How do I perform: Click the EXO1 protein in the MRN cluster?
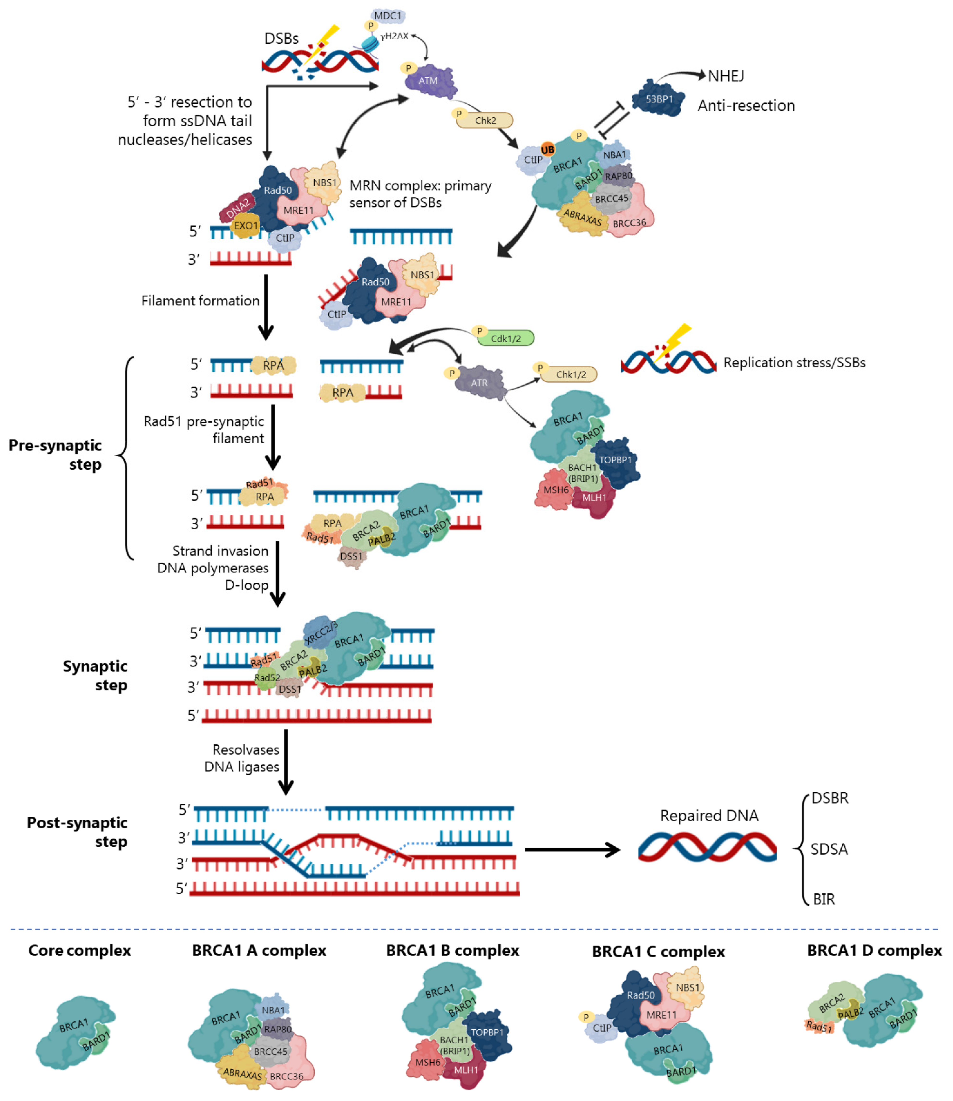click(246, 225)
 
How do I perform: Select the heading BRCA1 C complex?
click(658, 951)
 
